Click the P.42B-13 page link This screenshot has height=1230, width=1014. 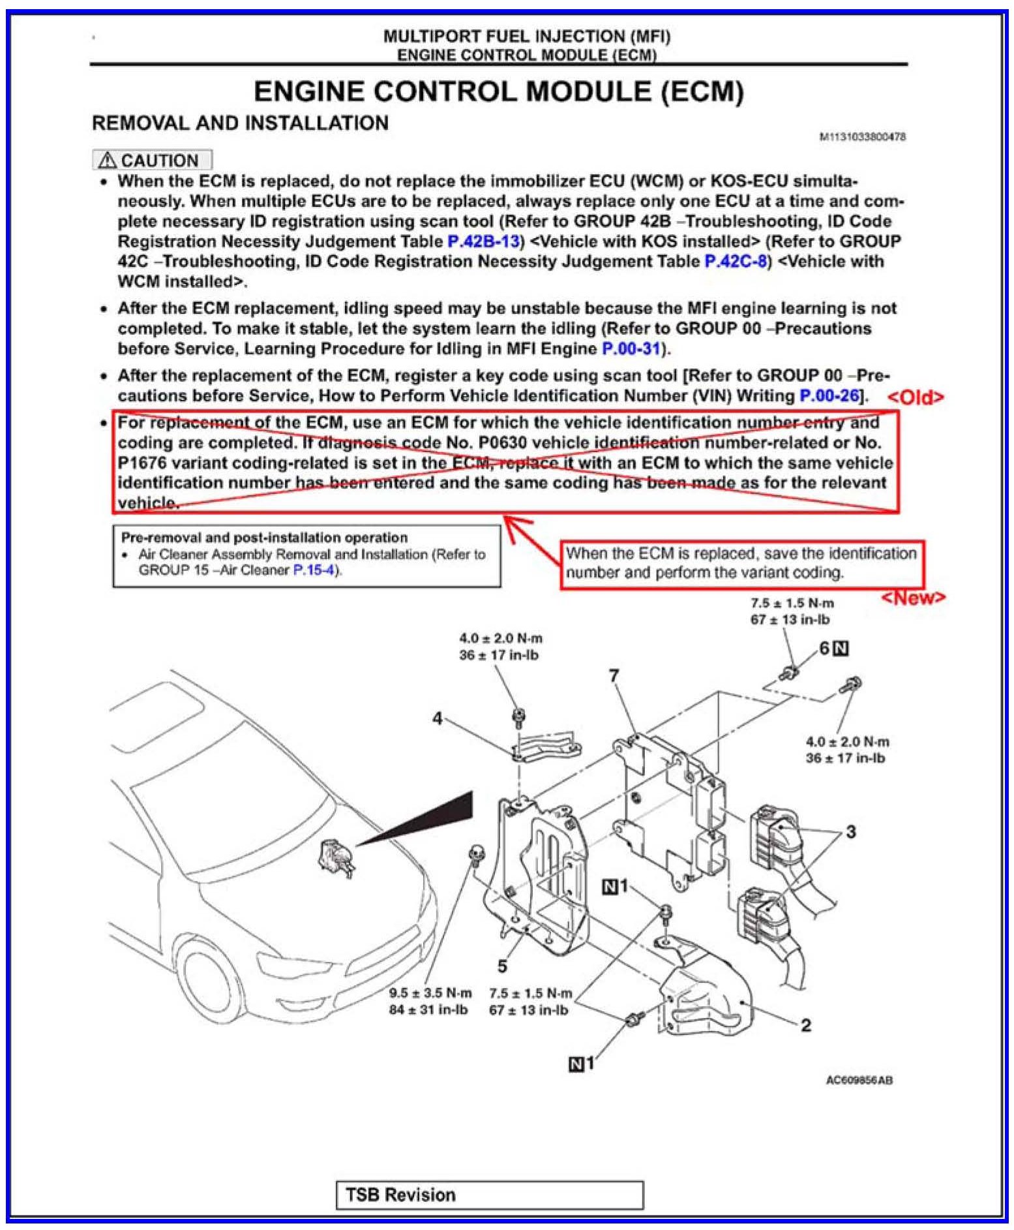click(x=483, y=241)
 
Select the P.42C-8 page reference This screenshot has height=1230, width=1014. click(x=735, y=262)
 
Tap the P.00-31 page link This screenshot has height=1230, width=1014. click(x=631, y=348)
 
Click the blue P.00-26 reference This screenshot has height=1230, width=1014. click(x=829, y=395)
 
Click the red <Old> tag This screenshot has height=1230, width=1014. click(x=915, y=397)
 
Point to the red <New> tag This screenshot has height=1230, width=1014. click(x=913, y=598)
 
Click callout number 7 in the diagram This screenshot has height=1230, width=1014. click(x=613, y=676)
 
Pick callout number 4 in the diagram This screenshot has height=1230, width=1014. click(x=437, y=718)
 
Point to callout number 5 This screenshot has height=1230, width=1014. click(x=501, y=965)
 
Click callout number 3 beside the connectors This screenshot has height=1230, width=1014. click(x=850, y=832)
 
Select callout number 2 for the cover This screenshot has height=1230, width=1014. click(x=805, y=1025)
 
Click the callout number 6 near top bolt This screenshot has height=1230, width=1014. click(x=825, y=648)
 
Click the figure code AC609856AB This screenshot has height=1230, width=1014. click(x=859, y=1080)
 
